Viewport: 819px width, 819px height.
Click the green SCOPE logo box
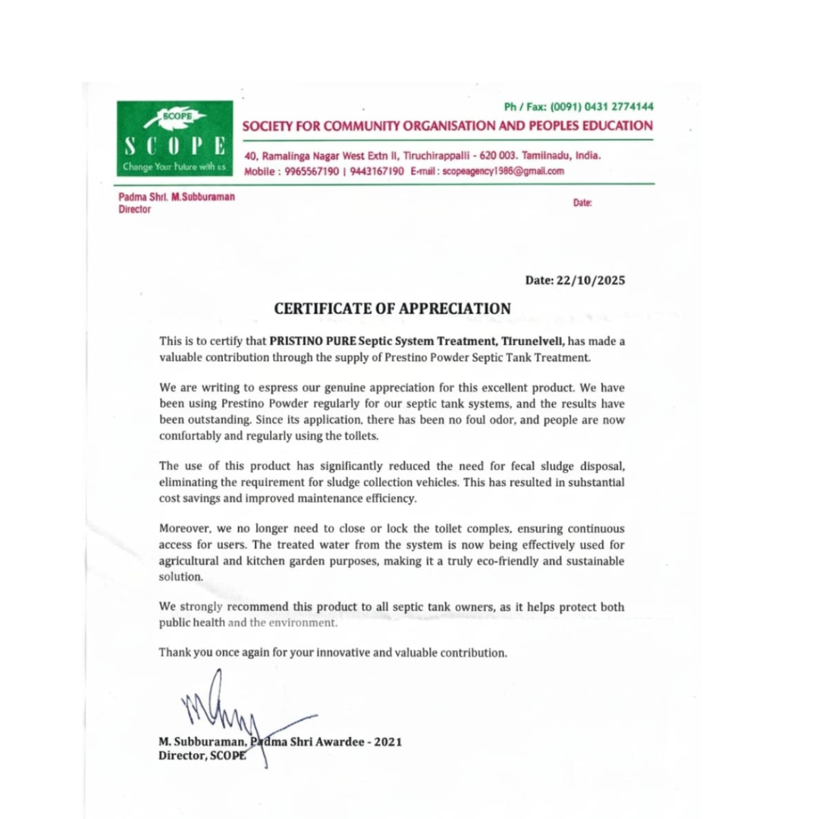[x=174, y=139]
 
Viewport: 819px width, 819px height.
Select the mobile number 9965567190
[x=312, y=171]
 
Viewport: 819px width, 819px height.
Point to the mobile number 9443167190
[x=376, y=171]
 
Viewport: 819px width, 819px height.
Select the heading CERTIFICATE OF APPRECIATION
[x=392, y=309]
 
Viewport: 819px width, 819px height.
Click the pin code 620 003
[x=496, y=155]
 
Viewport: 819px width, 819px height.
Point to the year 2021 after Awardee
[x=388, y=742]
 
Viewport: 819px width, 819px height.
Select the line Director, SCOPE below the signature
[x=202, y=755]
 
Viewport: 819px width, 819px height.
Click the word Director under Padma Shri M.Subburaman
[x=134, y=210]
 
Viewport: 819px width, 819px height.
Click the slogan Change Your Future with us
[x=174, y=166]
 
